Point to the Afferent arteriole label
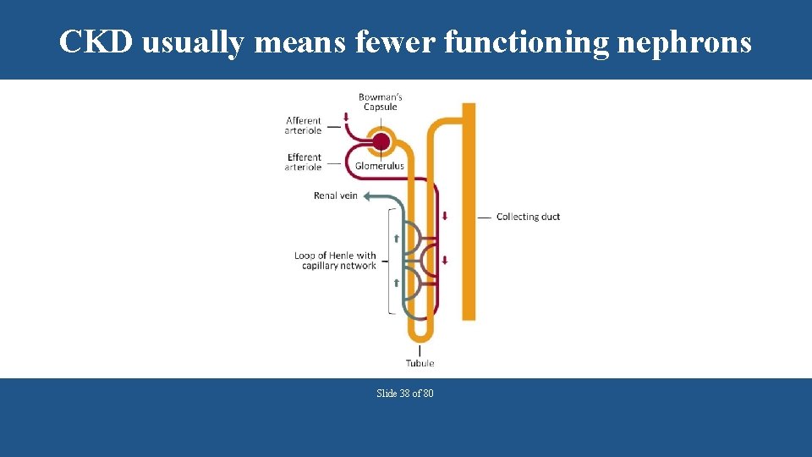(x=304, y=126)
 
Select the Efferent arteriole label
(x=304, y=162)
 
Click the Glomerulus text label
(x=380, y=166)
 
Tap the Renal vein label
(x=336, y=195)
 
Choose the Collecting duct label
(x=528, y=217)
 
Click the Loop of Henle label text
(x=335, y=261)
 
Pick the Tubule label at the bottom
(x=420, y=363)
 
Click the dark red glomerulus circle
(x=381, y=141)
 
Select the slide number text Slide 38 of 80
(x=405, y=394)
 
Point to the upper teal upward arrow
(x=396, y=238)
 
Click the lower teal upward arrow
(x=396, y=283)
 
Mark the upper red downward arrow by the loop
(x=445, y=216)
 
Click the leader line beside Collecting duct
(x=484, y=217)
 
